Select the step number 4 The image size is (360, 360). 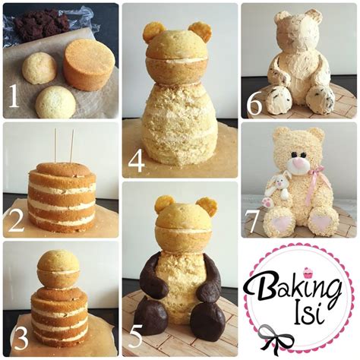pyautogui.click(x=137, y=161)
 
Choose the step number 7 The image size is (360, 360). pyautogui.click(x=254, y=225)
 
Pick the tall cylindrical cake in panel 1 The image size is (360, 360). pyautogui.click(x=88, y=64)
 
